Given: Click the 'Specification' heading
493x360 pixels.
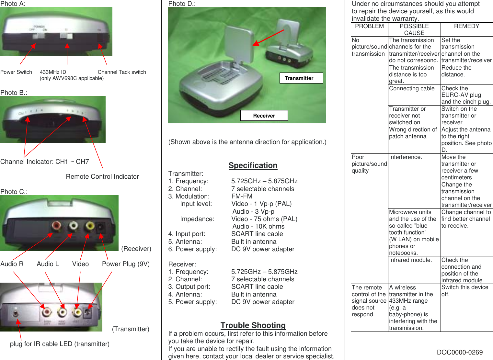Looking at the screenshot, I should point(253,165).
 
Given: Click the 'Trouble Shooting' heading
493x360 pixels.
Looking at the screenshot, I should point(253,325).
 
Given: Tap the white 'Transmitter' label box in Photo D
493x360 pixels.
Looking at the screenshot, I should point(301,78).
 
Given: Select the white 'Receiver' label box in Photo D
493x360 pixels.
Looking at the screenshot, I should point(264,116).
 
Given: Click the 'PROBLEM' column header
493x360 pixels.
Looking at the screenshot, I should point(369,27).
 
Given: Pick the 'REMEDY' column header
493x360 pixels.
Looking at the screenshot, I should point(466,27).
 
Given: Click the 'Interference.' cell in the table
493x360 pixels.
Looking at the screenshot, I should point(406,157).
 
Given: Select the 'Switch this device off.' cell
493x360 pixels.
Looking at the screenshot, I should point(464,291).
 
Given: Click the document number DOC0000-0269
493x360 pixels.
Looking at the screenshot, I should point(460,352).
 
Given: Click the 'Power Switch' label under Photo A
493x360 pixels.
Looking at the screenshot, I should point(16,72).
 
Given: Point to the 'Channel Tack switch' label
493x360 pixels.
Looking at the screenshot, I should point(122,72).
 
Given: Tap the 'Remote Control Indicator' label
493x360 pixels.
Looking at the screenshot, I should point(102,177).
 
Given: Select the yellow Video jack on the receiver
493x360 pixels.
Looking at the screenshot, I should point(89,225).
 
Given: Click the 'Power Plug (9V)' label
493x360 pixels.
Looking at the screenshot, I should point(126,264).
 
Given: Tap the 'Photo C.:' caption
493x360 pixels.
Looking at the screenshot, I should point(14,192).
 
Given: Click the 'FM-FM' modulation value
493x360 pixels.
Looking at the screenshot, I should point(242,197).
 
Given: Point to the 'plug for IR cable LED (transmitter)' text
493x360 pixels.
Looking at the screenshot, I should point(60,344).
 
